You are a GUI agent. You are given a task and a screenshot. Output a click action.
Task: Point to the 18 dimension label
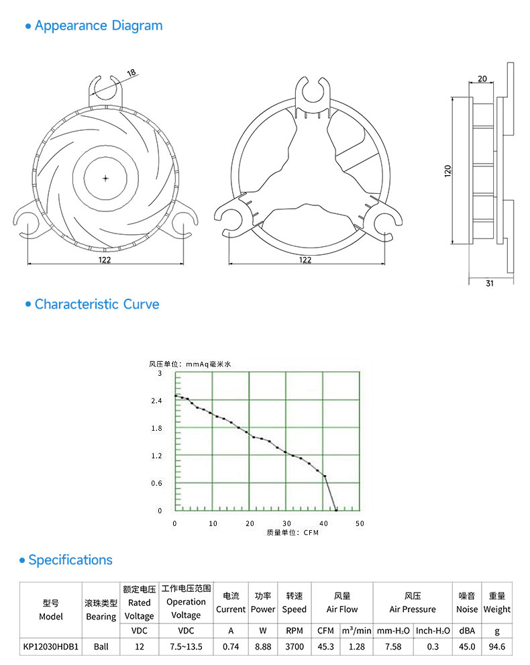tap(131, 72)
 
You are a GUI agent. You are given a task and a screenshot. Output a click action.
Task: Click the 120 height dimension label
tap(447, 171)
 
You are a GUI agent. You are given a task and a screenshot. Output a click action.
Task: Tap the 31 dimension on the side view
tap(490, 283)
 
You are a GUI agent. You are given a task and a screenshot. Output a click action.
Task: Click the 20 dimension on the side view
tap(482, 79)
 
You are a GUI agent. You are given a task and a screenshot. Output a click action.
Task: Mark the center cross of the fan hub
tap(105, 178)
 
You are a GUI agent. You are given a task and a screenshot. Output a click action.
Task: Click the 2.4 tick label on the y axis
tap(156, 401)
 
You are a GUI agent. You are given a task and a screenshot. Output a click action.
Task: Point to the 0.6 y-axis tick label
tap(156, 483)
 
